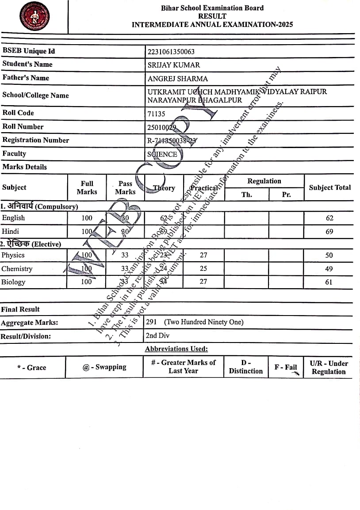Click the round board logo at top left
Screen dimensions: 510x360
(34, 16)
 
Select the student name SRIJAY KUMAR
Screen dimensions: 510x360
(173, 65)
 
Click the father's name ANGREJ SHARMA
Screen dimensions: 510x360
(177, 79)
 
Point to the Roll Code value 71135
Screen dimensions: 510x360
(156, 114)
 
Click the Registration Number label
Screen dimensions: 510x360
(35, 140)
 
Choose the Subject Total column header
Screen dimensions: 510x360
(329, 187)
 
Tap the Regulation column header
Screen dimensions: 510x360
(264, 181)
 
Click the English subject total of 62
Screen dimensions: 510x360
(329, 218)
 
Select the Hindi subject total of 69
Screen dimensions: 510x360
(329, 232)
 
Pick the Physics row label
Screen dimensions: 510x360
(13, 255)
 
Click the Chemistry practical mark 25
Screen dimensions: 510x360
(203, 269)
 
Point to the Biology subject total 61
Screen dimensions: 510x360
(329, 282)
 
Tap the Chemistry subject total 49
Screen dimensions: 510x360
(329, 269)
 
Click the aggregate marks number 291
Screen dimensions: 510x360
(153, 322)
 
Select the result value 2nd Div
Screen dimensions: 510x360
(157, 335)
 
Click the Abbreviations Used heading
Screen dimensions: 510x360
(176, 349)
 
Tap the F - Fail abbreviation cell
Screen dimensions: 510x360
(286, 367)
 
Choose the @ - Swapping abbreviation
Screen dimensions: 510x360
(104, 367)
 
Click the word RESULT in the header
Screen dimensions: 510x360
(212, 16)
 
